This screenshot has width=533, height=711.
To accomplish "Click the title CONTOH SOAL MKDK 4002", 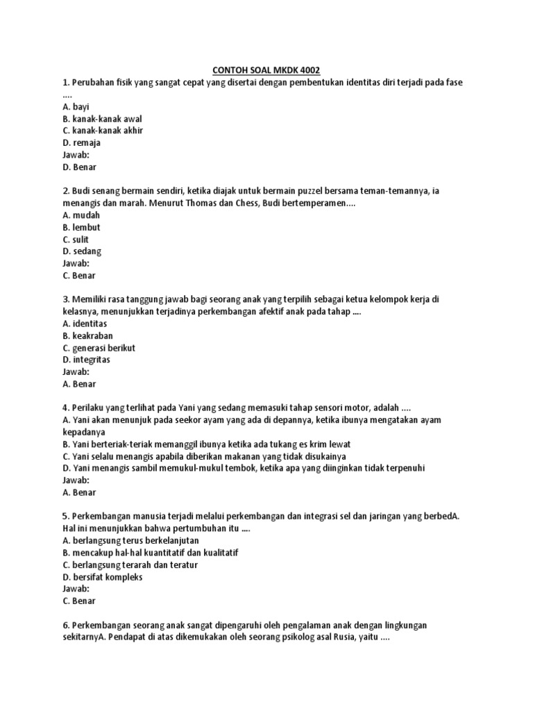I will click(x=266, y=70).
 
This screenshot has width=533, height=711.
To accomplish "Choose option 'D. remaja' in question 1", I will click(x=81, y=143).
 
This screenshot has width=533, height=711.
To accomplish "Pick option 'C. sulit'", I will click(x=76, y=240).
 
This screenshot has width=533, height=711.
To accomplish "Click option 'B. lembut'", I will click(x=81, y=227).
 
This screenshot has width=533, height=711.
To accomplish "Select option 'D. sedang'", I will click(x=82, y=251).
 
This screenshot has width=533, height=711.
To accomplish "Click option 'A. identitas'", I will click(x=85, y=324).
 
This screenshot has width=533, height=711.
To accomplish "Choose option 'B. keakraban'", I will click(x=87, y=335).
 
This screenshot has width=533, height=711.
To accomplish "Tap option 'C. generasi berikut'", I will click(x=99, y=348).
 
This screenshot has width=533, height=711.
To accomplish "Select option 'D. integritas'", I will click(x=86, y=360).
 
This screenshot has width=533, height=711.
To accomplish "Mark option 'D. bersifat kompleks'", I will click(x=102, y=577).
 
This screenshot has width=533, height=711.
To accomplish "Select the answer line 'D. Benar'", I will click(x=79, y=167).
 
